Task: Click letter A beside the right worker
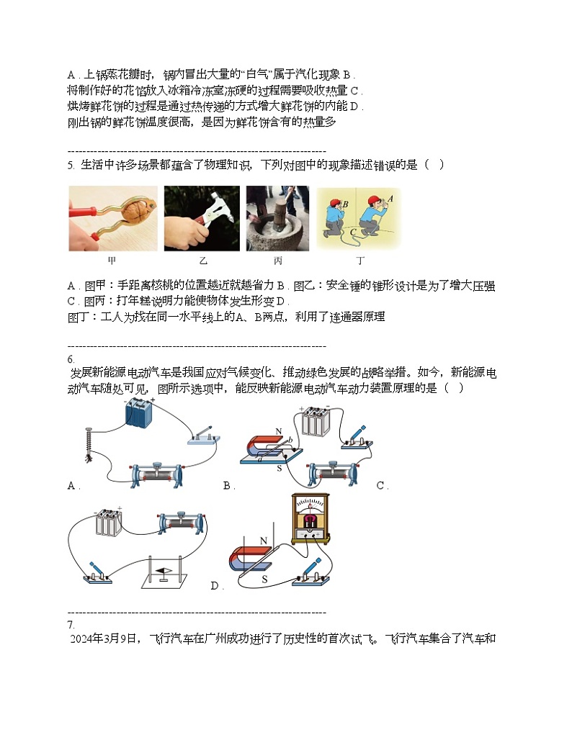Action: [390, 197]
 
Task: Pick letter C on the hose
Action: [353, 233]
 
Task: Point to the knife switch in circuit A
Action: [203, 436]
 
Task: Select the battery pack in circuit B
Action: [314, 420]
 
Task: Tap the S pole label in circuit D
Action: [264, 578]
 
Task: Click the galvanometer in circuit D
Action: [309, 517]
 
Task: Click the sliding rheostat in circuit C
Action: [181, 520]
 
